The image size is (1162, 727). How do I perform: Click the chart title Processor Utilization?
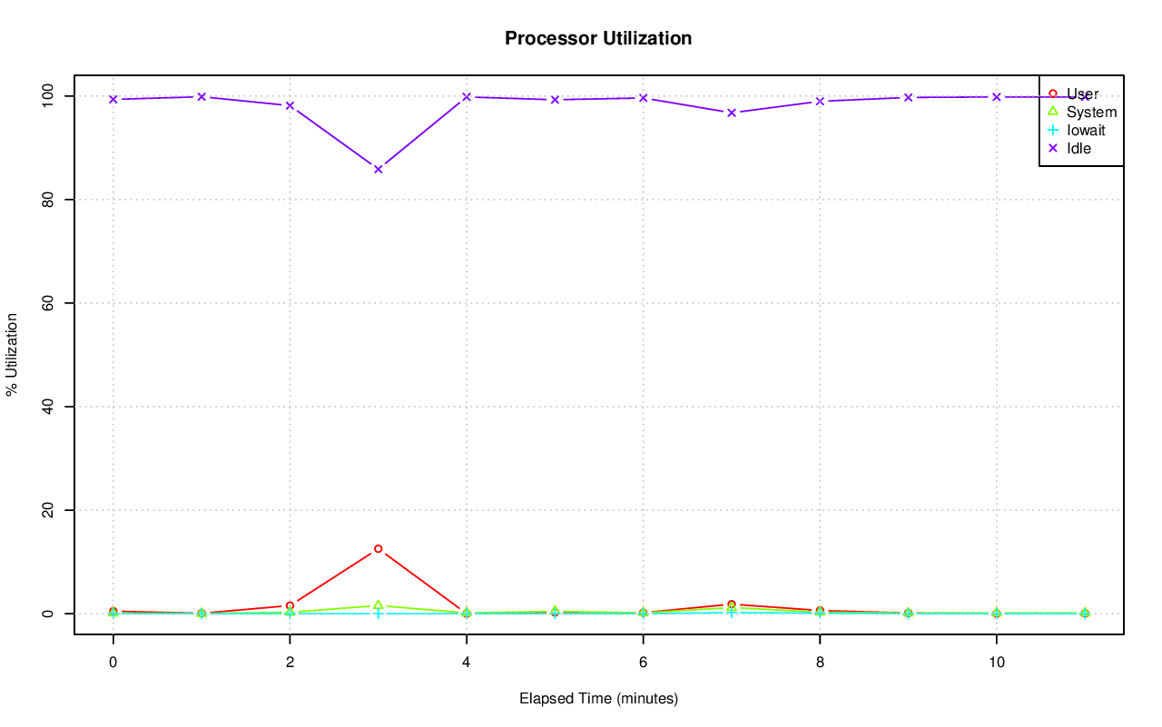[x=598, y=38]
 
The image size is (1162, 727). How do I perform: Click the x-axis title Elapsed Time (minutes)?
[x=598, y=698]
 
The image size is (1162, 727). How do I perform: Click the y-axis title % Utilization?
[x=13, y=354]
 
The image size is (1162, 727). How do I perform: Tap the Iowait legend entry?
[x=1086, y=130]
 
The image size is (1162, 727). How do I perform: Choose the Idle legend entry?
[x=1078, y=148]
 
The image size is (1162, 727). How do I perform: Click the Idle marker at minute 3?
[x=378, y=169]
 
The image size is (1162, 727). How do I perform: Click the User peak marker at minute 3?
[x=378, y=549]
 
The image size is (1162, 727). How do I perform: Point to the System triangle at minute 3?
[x=378, y=604]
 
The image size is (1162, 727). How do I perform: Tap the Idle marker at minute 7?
[x=731, y=113]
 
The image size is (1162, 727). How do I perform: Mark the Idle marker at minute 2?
[x=290, y=105]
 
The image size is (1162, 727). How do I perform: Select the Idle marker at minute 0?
[x=113, y=99]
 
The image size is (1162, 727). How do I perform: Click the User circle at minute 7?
[x=731, y=604]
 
